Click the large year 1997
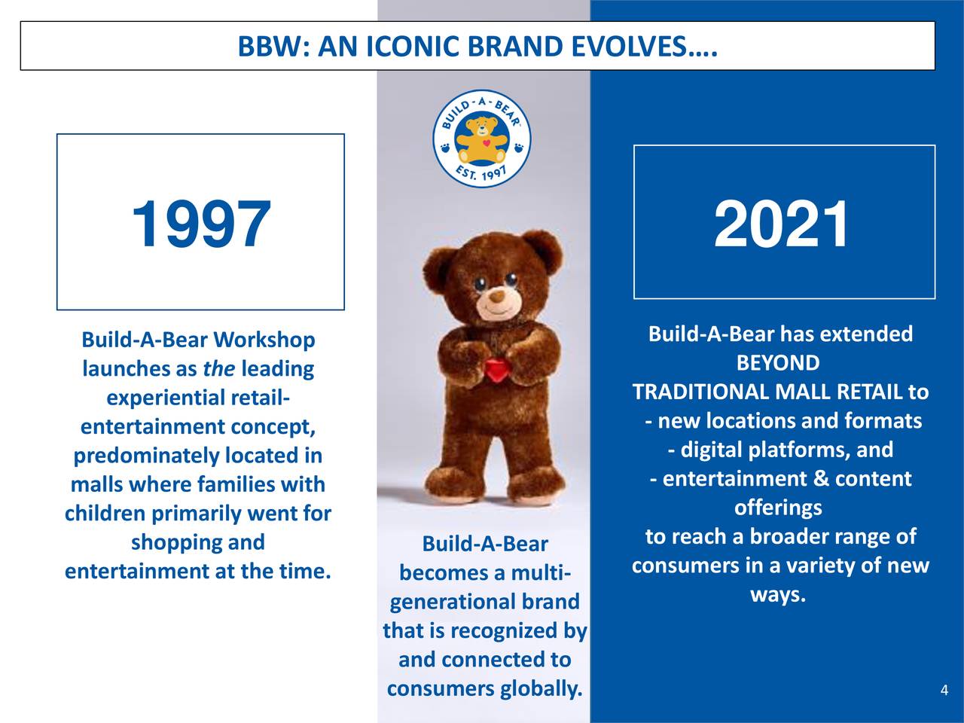click(x=200, y=224)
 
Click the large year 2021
click(x=781, y=224)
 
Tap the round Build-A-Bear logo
click(x=482, y=139)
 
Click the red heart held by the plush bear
click(x=496, y=369)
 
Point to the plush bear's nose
click(x=496, y=296)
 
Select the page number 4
click(x=944, y=691)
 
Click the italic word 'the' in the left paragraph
click(x=218, y=369)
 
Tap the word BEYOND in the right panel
click(x=778, y=363)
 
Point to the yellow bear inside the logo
click(x=482, y=139)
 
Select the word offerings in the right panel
click(x=778, y=508)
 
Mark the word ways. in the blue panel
click(x=778, y=596)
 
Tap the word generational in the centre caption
click(x=456, y=602)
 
